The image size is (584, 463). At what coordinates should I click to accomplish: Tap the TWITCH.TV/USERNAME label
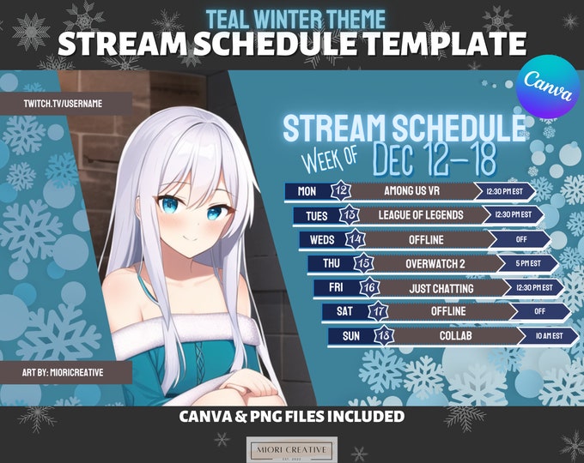coord(63,104)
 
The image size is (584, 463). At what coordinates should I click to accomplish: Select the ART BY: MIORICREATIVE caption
coord(63,372)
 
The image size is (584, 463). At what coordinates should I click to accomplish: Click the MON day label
coord(307,191)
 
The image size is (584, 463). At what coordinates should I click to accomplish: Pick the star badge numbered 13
coord(350,214)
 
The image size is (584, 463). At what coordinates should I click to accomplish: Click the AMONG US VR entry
coord(412,191)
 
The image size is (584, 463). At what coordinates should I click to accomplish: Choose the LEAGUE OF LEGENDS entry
coord(421,214)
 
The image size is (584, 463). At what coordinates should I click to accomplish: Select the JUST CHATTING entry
coord(441,288)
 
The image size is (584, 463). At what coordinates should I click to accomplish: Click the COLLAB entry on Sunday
coord(455,335)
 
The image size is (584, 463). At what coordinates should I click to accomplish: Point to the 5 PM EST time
coord(528,263)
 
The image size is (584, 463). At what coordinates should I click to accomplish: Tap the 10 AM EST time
coord(550,335)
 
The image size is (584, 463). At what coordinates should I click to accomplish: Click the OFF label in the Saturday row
coord(539,311)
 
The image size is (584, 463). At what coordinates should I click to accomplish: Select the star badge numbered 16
coord(369,287)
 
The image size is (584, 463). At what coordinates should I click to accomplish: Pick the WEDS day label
coord(322,239)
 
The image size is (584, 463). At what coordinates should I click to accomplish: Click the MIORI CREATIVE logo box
coord(292,449)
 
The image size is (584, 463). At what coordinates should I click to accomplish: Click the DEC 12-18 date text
coord(435,160)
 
